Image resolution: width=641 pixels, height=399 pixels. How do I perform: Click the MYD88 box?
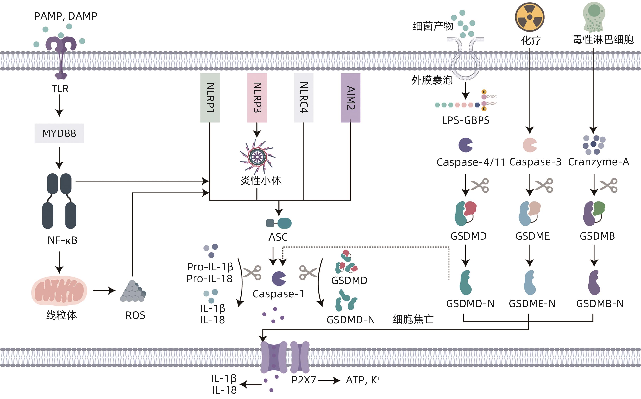coord(59,133)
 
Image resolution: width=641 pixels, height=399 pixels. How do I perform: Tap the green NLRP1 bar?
coord(210,98)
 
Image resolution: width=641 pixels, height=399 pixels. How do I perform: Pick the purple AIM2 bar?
coord(350,98)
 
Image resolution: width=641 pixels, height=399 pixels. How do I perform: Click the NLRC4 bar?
coord(304,98)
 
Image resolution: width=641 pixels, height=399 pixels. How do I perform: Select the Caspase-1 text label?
coord(278,294)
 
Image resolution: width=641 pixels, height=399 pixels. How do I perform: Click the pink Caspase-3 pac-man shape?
coord(529,145)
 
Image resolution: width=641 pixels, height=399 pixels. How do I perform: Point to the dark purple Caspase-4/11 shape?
coord(465,145)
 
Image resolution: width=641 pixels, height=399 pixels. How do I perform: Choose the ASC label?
coord(278,237)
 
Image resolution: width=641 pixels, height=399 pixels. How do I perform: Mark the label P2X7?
coord(304,380)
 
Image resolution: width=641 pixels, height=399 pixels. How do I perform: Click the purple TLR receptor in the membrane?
coord(61,53)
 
